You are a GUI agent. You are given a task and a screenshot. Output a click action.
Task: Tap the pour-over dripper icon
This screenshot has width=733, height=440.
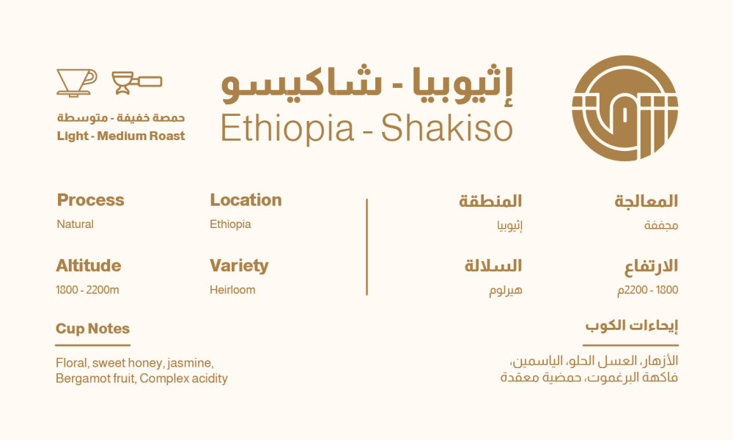point(76,82)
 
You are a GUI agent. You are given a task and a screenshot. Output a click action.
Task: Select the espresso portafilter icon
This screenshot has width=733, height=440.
point(136,82)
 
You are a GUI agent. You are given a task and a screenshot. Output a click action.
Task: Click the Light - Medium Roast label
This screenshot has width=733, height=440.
point(121,136)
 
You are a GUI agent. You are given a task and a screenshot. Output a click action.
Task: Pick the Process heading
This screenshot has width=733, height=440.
point(90,200)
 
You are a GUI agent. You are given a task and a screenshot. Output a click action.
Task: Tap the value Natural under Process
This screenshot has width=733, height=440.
point(75,224)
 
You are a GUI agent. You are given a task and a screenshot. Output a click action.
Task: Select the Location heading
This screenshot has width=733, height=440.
point(246,200)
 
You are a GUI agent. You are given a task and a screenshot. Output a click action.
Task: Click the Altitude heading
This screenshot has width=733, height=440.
point(88,265)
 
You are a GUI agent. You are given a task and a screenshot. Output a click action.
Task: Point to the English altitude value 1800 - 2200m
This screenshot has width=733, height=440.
point(87,290)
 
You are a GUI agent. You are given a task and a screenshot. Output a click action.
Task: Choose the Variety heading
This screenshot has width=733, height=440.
point(239,265)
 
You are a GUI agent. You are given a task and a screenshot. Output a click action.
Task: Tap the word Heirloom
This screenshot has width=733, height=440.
point(232,290)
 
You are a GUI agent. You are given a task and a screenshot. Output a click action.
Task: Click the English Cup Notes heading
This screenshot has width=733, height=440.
point(92,329)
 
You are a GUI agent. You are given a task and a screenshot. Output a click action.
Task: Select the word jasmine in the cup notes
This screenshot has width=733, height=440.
point(191,362)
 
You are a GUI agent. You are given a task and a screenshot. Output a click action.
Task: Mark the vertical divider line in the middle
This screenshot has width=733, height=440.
point(366,246)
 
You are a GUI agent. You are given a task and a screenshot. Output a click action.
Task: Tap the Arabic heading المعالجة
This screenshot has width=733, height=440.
point(646,201)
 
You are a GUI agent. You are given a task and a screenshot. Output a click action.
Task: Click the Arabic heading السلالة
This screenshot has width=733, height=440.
point(493,265)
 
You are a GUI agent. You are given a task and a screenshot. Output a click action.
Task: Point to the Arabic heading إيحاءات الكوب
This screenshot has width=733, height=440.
point(631,326)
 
